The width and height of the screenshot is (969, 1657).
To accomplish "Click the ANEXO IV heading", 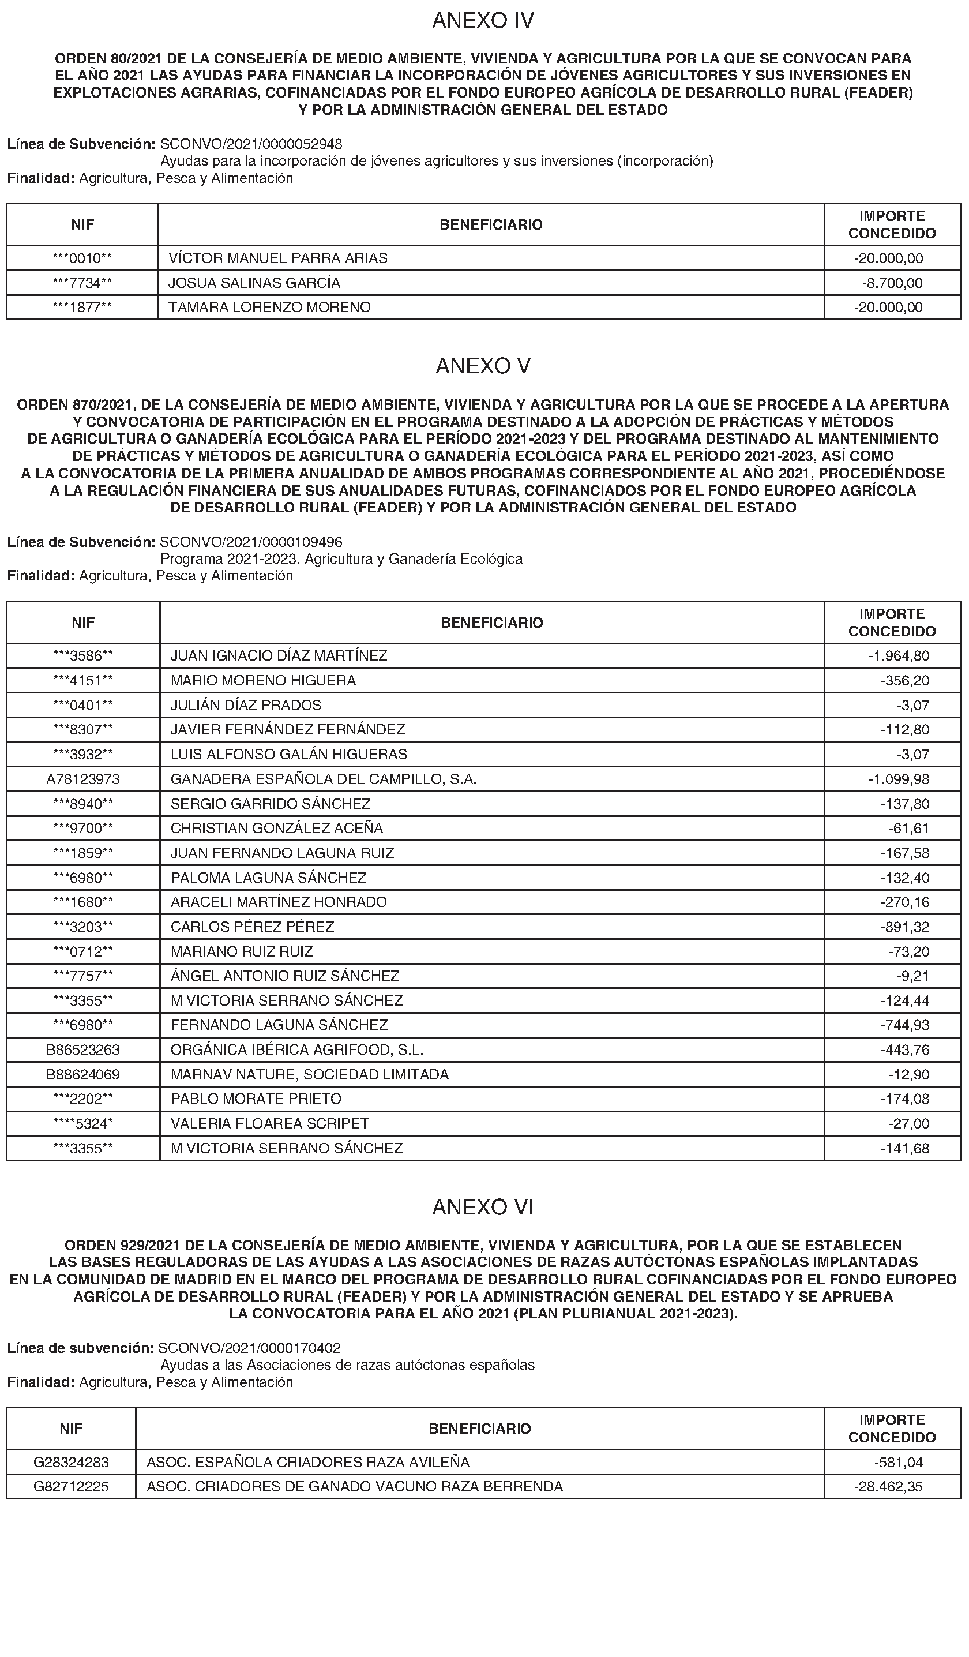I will click(x=483, y=21).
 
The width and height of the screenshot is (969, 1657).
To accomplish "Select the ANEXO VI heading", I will click(x=483, y=1207).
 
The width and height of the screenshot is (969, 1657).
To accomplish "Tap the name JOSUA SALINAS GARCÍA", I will click(x=254, y=283).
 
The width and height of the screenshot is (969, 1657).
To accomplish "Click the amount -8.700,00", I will click(x=892, y=283).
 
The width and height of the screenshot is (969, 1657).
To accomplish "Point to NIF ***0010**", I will click(x=82, y=258).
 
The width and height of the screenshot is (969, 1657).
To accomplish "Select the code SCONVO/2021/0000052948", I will click(x=251, y=143).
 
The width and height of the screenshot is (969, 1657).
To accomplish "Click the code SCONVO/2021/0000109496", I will click(x=251, y=542).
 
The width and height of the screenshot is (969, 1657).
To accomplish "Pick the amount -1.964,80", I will click(x=899, y=655).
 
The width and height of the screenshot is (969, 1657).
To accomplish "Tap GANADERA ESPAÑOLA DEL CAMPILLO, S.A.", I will click(x=324, y=779).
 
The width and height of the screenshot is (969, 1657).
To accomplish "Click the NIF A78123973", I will click(x=83, y=779).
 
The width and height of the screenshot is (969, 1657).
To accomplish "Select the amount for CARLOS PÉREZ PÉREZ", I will click(x=905, y=927).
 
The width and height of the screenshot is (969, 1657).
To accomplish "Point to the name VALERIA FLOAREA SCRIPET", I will click(x=269, y=1124).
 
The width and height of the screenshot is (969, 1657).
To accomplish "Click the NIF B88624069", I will click(x=83, y=1074).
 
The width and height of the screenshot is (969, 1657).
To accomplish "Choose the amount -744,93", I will click(x=905, y=1025).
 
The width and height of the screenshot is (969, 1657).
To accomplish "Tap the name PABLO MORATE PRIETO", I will click(x=256, y=1099).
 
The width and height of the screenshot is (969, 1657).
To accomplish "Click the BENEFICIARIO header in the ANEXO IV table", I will click(x=491, y=225).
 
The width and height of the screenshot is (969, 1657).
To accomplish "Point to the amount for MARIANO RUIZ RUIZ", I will click(x=908, y=951).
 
